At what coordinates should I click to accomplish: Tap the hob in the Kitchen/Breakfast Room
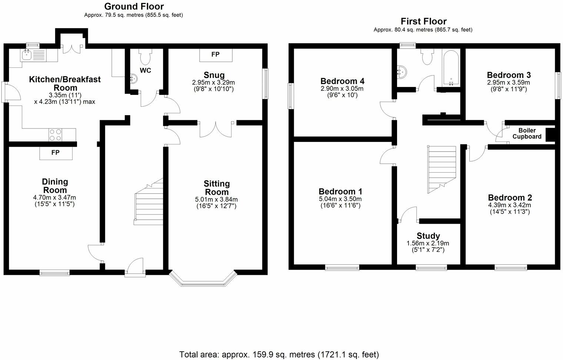pyautogui.click(x=56, y=135)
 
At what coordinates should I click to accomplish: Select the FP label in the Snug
pyautogui.click(x=216, y=54)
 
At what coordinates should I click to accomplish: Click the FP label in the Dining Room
pyautogui.click(x=56, y=153)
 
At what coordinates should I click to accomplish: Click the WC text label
pyautogui.click(x=146, y=70)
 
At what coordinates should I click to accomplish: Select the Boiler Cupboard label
pyautogui.click(x=527, y=134)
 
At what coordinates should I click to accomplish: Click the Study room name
pyautogui.click(x=428, y=236)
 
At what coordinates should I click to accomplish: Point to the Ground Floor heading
pyautogui.click(x=134, y=6)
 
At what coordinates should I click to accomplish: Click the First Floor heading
pyautogui.click(x=423, y=21)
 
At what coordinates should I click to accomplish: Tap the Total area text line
pyautogui.click(x=279, y=354)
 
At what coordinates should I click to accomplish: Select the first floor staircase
pyautogui.click(x=442, y=169)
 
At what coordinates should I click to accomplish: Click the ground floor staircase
pyautogui.click(x=149, y=203)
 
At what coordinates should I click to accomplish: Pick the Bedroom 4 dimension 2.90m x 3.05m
pyautogui.click(x=342, y=89)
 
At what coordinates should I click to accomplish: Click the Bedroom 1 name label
pyautogui.click(x=340, y=191)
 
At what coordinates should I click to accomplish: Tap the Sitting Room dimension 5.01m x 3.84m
pyautogui.click(x=217, y=200)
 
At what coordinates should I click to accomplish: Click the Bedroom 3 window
pyautogui.click(x=558, y=85)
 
